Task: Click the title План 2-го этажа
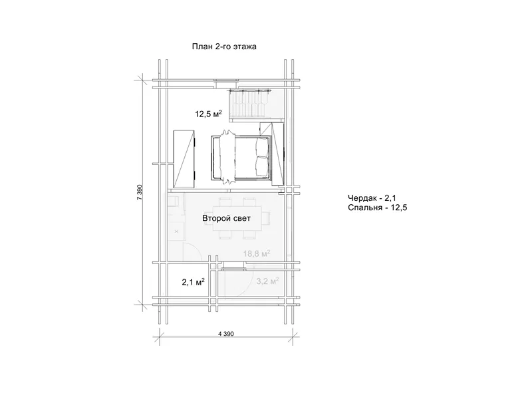coord(224,47)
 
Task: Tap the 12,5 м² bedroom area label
coord(208,114)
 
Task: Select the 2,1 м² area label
coord(193,281)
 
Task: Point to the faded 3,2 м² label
coord(268,281)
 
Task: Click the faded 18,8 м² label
coord(257,253)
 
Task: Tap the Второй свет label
coord(226,218)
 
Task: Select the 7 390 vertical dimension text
coord(140,192)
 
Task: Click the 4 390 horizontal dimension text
coord(226,334)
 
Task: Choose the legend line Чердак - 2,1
coord(372,198)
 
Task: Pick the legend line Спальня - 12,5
coord(377,207)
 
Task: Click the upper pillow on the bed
coord(261,148)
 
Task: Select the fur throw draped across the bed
coord(227,157)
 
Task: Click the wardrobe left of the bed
coord(184,158)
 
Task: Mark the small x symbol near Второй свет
coord(176,231)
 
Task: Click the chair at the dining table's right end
coord(267,217)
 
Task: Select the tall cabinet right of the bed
coord(277,154)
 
